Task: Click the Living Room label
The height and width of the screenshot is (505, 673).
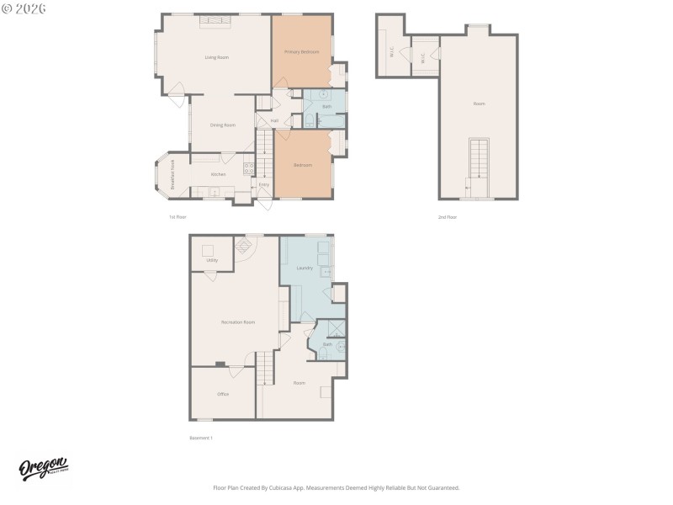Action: pos(217,57)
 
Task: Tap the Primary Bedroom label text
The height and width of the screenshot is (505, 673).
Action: pos(301,52)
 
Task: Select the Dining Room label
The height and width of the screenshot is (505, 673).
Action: pos(223,125)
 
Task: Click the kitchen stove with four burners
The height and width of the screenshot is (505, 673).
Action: pos(249,167)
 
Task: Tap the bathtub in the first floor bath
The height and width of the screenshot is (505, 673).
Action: pos(335,95)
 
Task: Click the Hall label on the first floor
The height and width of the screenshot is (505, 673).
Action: pos(274,120)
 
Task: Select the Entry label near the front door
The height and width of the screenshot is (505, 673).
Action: pos(263,184)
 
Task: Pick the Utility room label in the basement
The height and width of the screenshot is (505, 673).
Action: pos(212,260)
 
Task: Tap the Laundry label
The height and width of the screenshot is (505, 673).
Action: pos(305,268)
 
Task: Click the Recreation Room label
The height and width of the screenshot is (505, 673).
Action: pos(238,322)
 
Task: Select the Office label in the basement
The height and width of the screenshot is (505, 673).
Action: pos(223,394)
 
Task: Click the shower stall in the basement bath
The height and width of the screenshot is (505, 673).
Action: pos(336,328)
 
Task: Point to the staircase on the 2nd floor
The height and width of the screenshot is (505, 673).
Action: pos(478,157)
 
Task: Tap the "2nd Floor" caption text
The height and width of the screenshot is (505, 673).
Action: pos(448,217)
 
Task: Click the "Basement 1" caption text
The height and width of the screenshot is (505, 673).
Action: pos(201,438)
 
